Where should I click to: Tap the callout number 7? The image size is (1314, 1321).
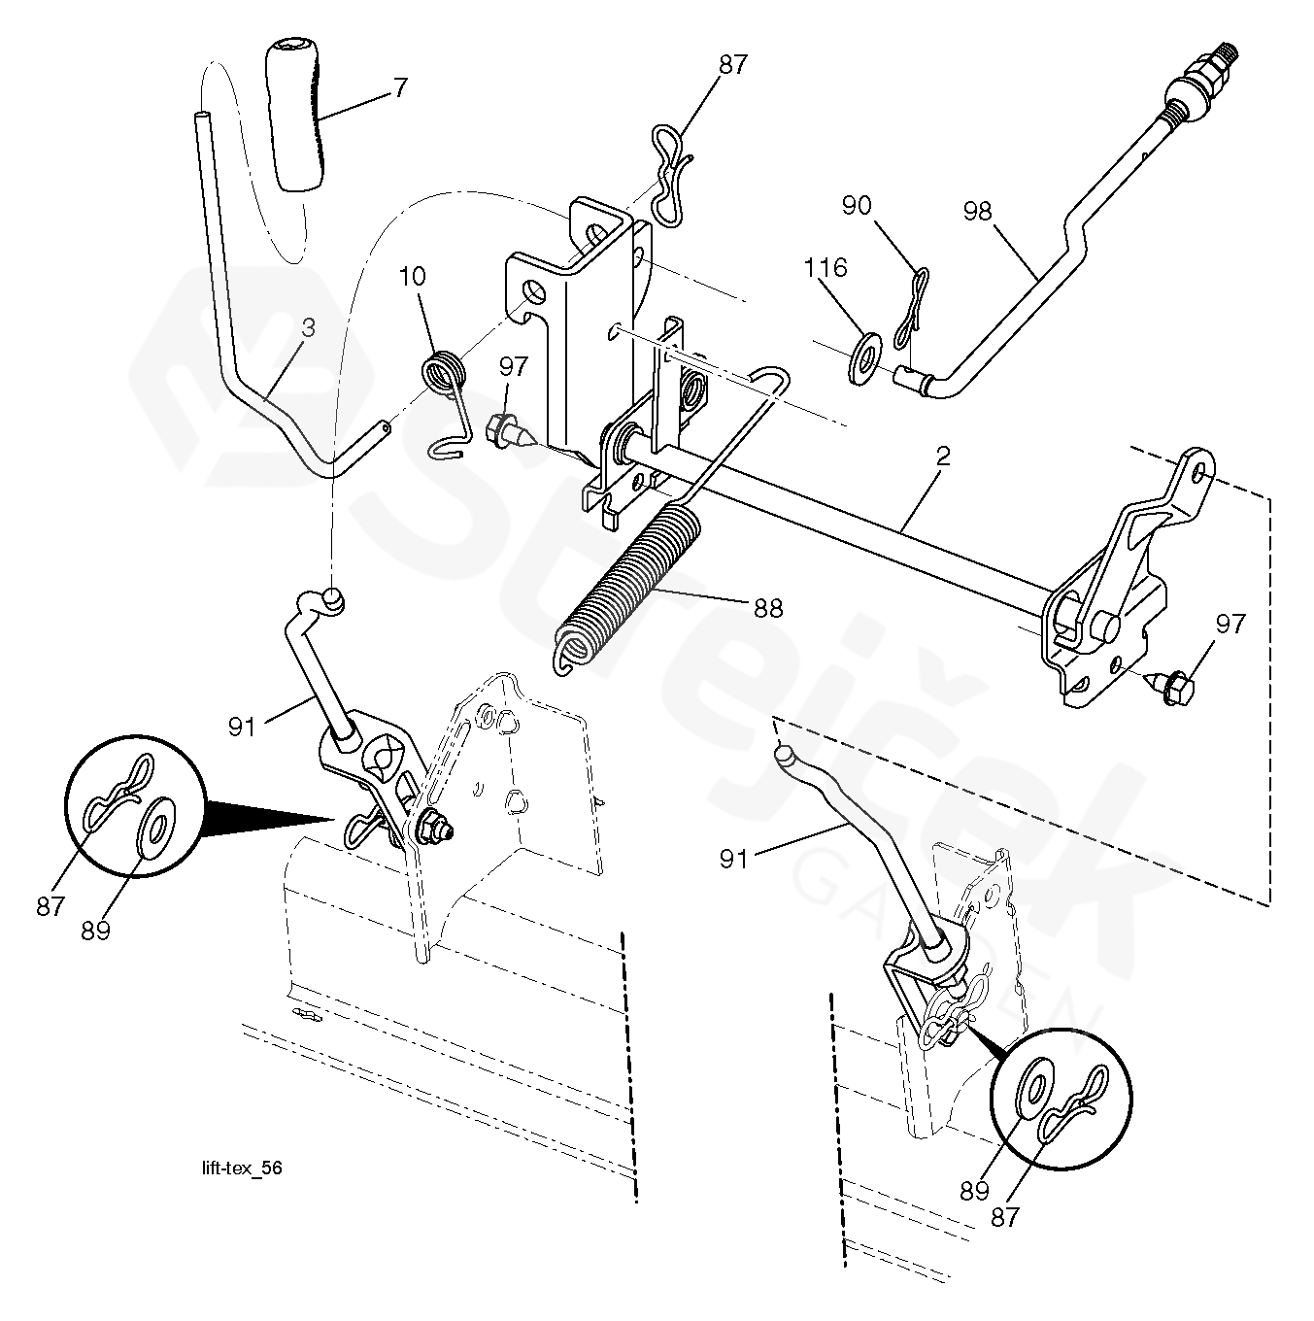coord(400,88)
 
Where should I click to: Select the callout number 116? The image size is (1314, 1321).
coord(825,267)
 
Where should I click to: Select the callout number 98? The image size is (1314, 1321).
coord(977,210)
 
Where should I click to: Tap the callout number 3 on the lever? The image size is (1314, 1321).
coord(308,328)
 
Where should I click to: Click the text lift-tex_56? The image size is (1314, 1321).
coord(237,1169)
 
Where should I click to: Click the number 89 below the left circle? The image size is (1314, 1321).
coord(95,930)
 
